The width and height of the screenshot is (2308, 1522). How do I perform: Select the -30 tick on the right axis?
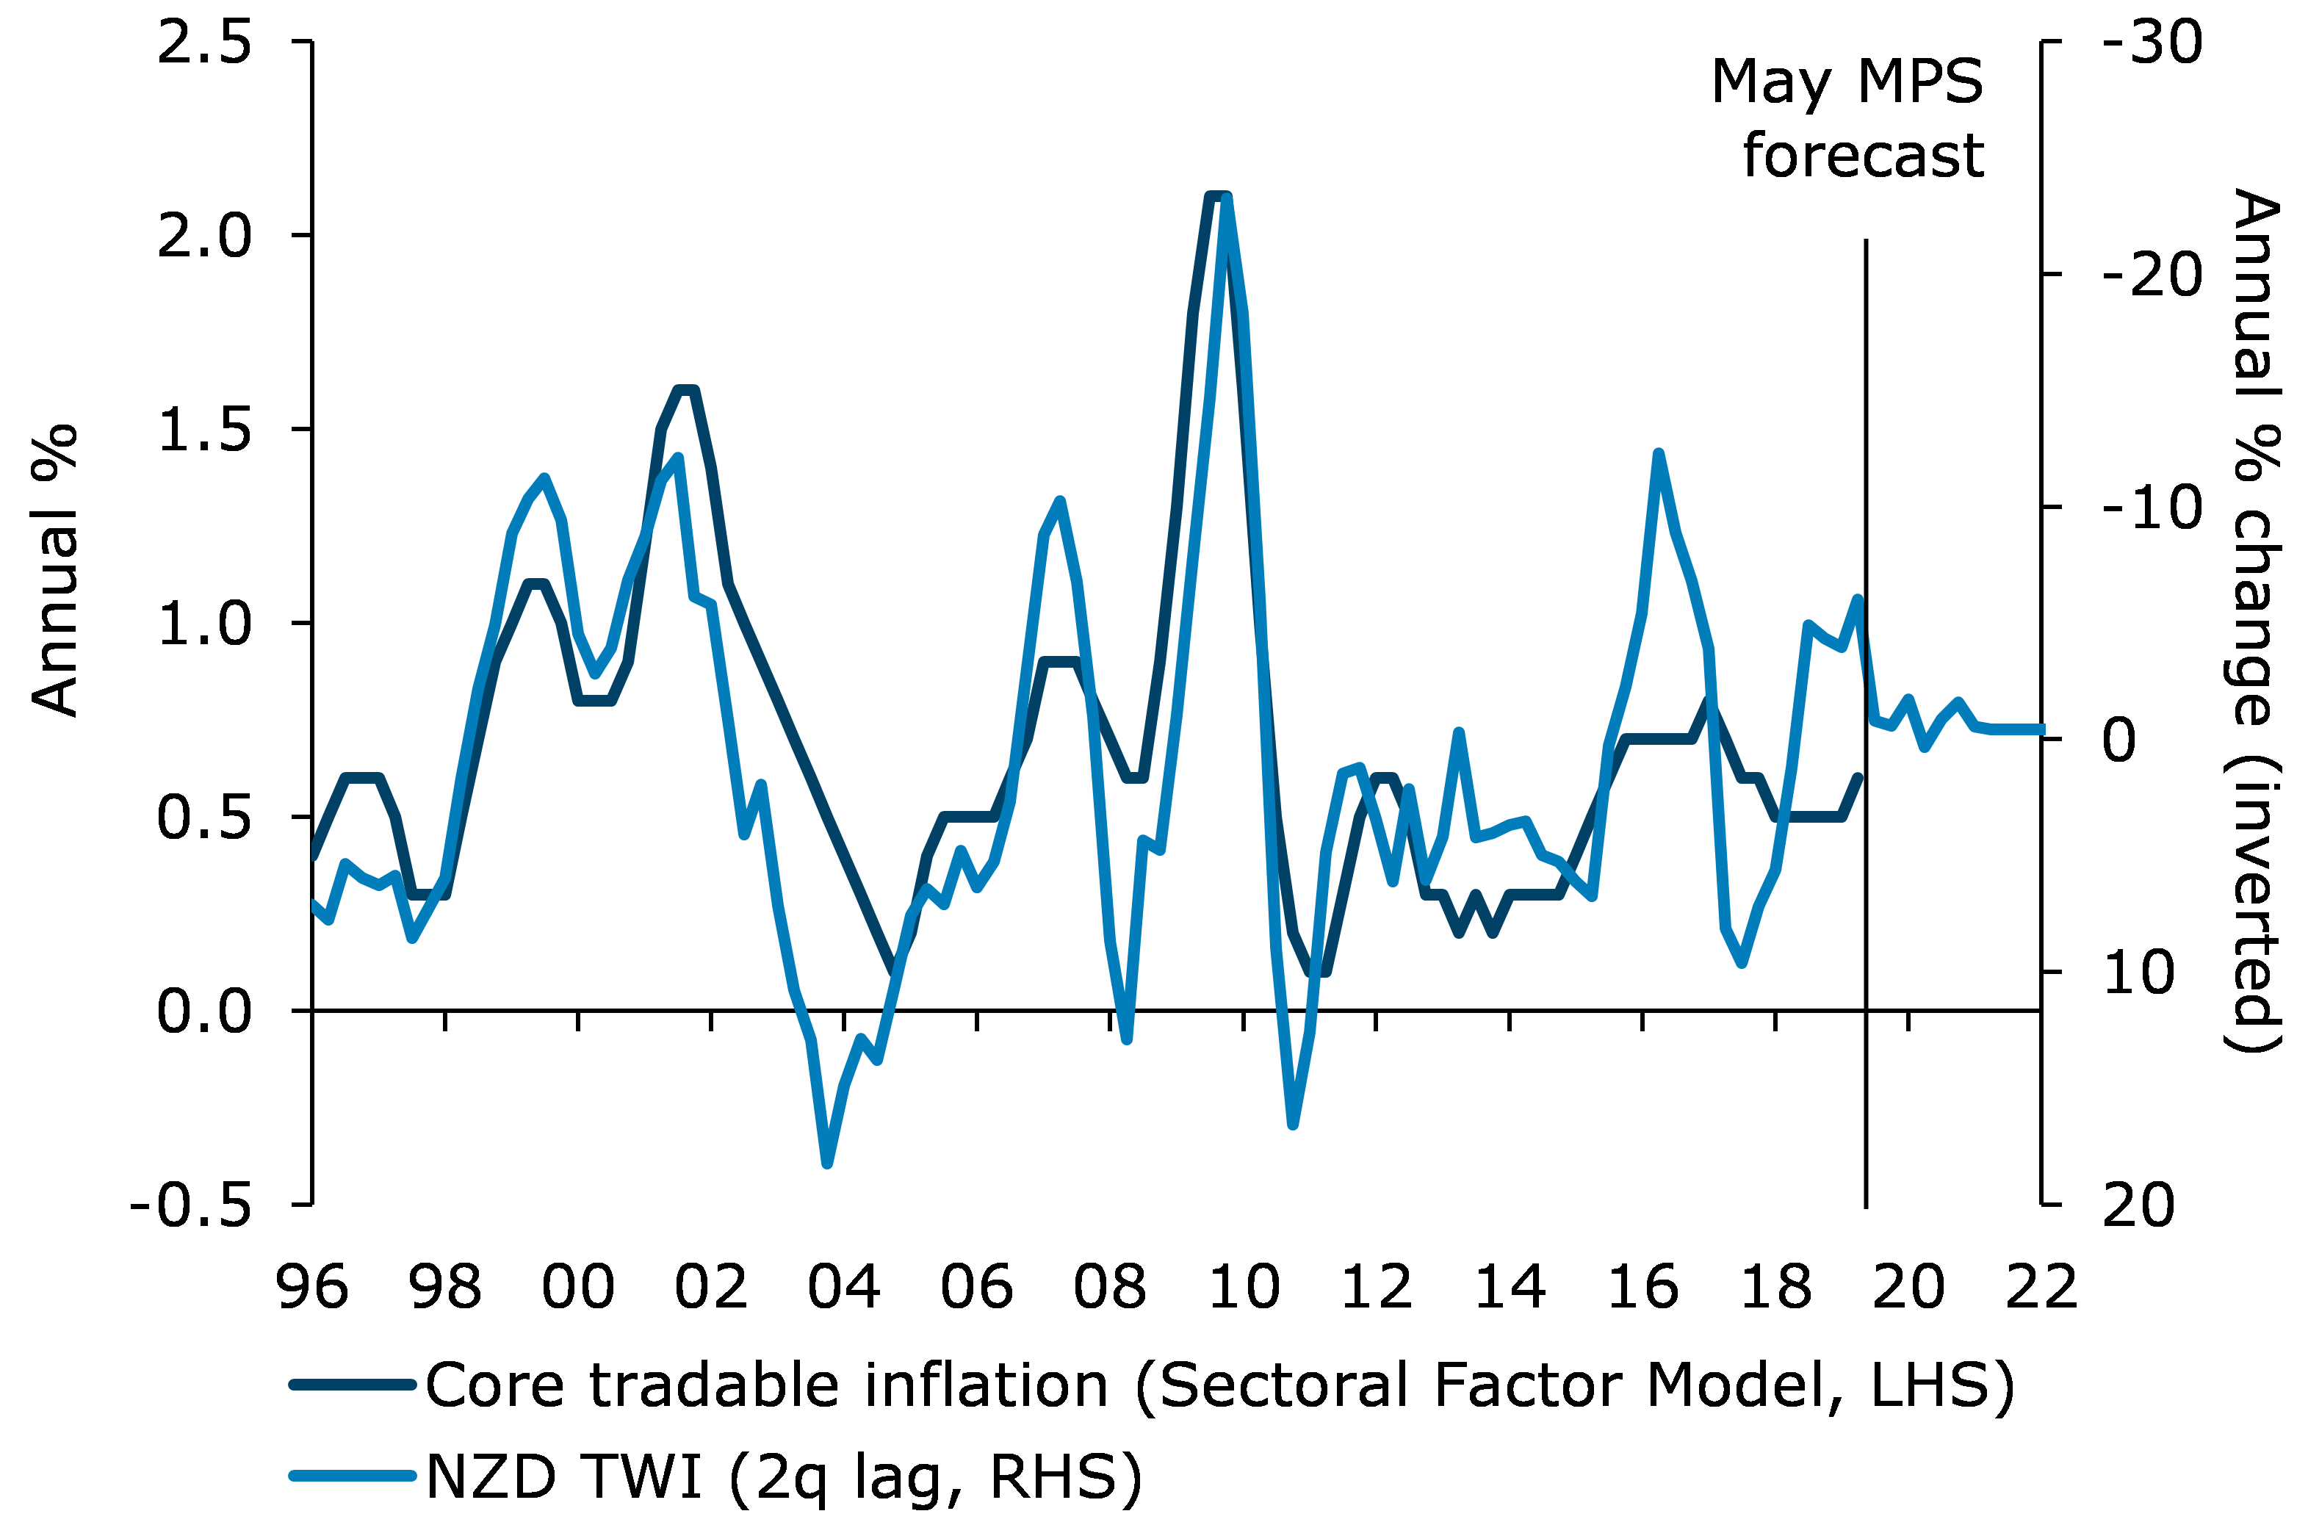click(2152, 43)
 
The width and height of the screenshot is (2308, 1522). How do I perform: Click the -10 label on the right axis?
click(2152, 508)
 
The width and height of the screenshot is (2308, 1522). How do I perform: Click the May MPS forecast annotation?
click(1847, 118)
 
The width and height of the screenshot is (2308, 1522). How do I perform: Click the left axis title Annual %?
click(55, 571)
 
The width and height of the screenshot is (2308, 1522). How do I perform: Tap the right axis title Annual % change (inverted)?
click(2254, 621)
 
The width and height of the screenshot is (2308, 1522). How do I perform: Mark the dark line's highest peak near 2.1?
click(1217, 196)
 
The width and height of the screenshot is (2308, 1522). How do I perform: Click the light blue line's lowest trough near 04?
click(827, 1163)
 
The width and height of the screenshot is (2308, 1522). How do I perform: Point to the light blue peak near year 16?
click(1659, 453)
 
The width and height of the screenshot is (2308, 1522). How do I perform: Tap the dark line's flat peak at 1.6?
click(686, 390)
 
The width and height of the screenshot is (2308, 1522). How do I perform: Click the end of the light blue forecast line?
click(2041, 729)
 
